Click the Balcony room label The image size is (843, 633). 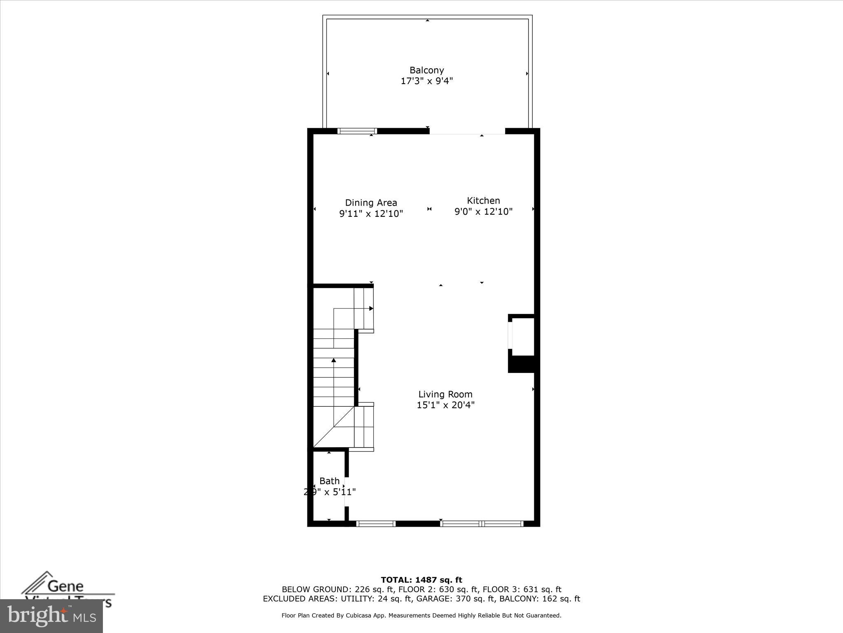tap(426, 70)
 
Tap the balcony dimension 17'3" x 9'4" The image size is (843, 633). tap(426, 81)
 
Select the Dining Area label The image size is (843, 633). tap(371, 203)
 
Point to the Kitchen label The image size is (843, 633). tap(483, 201)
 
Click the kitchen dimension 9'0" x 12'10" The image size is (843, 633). tap(483, 212)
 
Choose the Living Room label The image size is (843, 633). tap(445, 394)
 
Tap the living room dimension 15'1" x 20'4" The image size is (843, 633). tap(445, 405)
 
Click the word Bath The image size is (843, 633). tap(329, 481)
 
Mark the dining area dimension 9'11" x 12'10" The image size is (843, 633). tap(371, 214)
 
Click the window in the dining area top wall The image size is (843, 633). tap(357, 131)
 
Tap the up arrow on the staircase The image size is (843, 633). tap(334, 361)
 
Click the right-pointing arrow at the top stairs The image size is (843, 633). tap(371, 308)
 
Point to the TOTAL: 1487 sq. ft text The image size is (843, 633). tap(421, 580)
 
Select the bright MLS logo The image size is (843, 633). tap(51, 616)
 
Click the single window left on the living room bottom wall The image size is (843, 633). tap(375, 524)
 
